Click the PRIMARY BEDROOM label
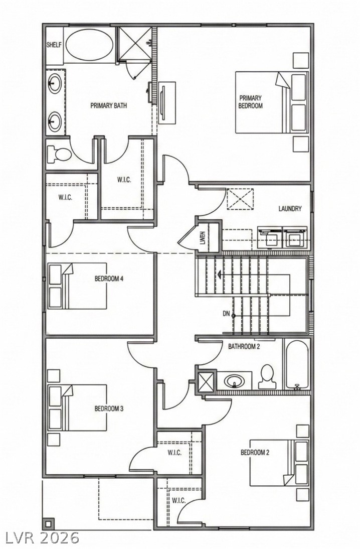pos(250,102)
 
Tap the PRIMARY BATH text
pos(108,106)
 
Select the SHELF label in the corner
pos(54,45)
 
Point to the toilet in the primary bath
pos(58,155)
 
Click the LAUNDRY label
pos(290,209)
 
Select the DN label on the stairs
pos(226,314)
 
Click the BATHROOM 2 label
pos(244,346)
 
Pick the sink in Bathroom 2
pos(234,381)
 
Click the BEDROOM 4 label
pos(109,279)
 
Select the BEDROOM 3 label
pos(109,408)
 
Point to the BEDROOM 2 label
pos(255,453)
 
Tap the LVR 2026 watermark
pos(42,538)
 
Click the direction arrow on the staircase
pos(219,274)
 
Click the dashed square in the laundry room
pos(240,199)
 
